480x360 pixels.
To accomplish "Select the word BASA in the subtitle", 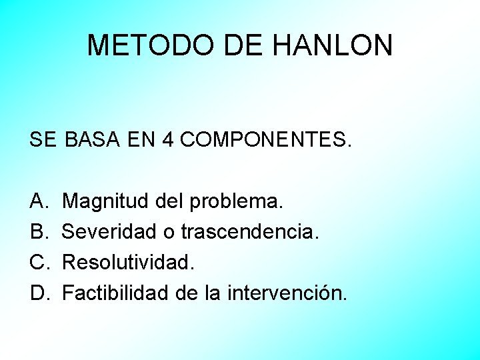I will click(91, 140).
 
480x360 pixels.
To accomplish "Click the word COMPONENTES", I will click(264, 140).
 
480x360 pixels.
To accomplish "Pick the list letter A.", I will click(37, 201).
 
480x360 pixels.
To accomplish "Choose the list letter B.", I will click(37, 231).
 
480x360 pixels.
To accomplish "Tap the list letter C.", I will click(38, 262).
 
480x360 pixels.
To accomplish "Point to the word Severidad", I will click(110, 231).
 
